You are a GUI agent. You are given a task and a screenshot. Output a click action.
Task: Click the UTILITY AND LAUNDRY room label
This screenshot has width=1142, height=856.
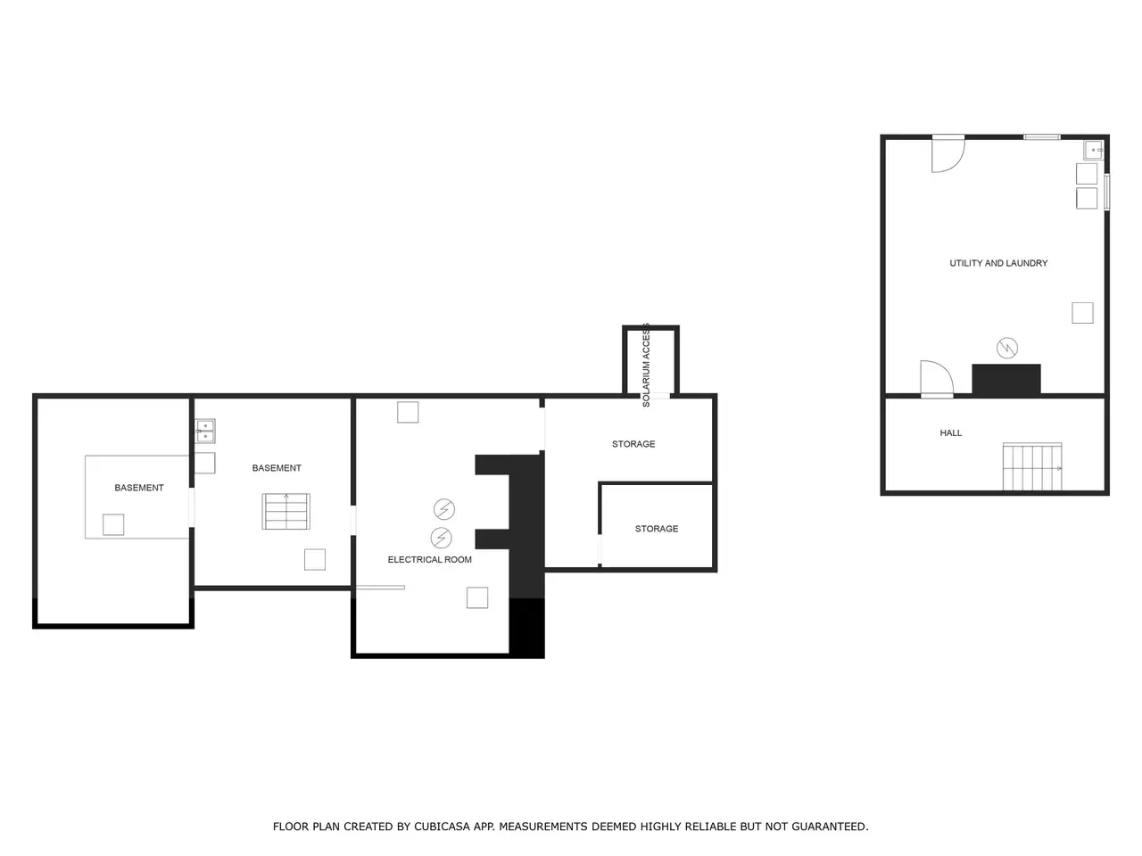(x=997, y=263)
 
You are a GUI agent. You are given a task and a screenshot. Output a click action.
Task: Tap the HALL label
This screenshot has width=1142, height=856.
(x=950, y=432)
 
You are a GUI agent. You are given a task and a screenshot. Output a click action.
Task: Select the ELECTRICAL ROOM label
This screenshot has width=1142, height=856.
(x=429, y=559)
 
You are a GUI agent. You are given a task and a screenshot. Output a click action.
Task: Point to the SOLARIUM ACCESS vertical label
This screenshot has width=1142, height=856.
(x=646, y=365)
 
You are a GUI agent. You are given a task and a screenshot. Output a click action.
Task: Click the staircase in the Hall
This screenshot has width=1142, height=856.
(x=1031, y=466)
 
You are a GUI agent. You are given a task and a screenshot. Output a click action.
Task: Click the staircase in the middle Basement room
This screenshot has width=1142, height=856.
(x=285, y=512)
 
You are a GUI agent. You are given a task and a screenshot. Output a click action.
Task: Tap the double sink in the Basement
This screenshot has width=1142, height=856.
(x=205, y=431)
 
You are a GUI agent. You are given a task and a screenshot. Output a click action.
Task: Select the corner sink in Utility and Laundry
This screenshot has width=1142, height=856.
(x=1093, y=150)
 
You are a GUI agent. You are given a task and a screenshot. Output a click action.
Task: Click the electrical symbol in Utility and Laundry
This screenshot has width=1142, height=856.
(x=1006, y=348)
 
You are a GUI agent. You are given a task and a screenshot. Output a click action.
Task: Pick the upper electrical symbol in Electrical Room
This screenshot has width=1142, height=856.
(x=443, y=509)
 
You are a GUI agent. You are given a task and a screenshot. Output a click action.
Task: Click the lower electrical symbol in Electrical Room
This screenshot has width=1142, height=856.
(x=442, y=538)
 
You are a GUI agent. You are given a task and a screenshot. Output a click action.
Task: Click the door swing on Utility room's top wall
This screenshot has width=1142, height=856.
(x=948, y=154)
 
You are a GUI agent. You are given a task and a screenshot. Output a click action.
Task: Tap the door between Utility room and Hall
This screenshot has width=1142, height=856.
(x=937, y=379)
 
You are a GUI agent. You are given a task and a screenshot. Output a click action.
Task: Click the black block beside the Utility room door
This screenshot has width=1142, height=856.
(x=1006, y=380)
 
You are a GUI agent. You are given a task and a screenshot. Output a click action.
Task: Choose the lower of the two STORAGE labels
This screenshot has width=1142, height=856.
(x=656, y=529)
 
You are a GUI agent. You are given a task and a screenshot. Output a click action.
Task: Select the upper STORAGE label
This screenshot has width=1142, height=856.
(x=633, y=444)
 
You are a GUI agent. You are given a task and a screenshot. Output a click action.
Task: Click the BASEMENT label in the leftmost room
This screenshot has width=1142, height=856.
(x=139, y=488)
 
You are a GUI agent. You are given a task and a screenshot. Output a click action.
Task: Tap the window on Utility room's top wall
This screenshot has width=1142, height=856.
(x=1041, y=137)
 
